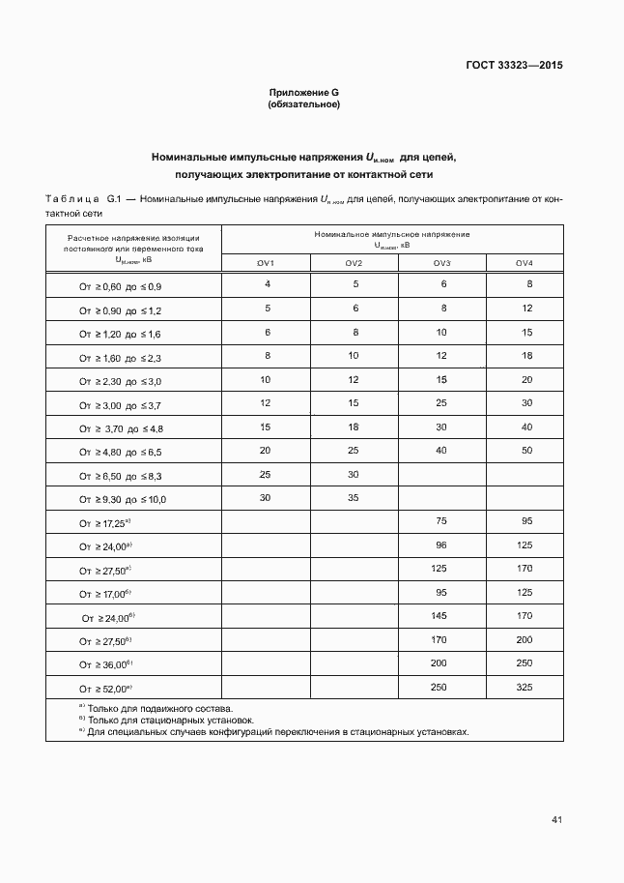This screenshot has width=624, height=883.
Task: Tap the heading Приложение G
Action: click(304, 92)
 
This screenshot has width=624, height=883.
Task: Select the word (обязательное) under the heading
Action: click(304, 103)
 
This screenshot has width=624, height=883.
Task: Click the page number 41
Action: click(556, 820)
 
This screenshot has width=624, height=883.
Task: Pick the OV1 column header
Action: click(266, 264)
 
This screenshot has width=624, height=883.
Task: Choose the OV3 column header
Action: click(442, 264)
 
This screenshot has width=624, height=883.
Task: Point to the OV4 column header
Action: click(525, 264)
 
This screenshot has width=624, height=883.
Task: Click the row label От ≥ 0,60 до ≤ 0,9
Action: click(121, 287)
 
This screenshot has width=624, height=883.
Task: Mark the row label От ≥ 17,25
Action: click(104, 523)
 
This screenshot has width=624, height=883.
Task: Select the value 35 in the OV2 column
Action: click(355, 497)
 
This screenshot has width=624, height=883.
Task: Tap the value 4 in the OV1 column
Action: click(267, 284)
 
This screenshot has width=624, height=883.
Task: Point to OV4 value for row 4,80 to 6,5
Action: click(526, 450)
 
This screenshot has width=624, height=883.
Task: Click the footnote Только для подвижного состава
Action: click(159, 709)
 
